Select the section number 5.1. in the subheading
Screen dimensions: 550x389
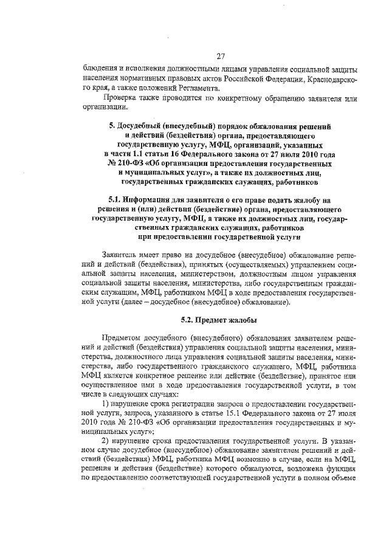pyautogui.click(x=115, y=199)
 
